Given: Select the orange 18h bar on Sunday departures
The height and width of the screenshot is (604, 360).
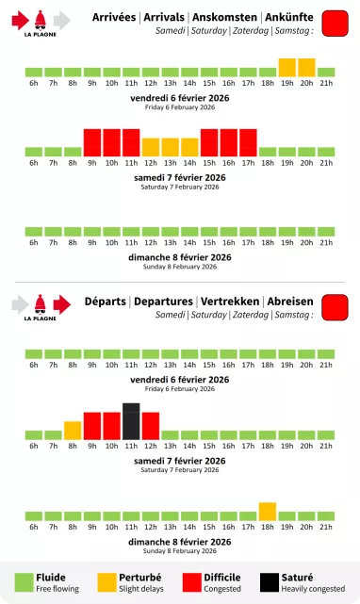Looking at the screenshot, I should (268, 512).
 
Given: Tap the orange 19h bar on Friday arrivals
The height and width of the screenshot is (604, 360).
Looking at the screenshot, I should (287, 68).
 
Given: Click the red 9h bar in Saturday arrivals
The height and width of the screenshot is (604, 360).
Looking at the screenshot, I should (92, 142).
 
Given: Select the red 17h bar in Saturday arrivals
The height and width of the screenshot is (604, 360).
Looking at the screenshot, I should (248, 142).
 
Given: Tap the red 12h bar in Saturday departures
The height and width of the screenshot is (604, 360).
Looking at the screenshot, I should (151, 426).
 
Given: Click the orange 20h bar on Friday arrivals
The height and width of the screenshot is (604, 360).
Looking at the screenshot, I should (306, 68).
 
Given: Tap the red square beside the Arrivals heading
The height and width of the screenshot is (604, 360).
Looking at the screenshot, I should (335, 24).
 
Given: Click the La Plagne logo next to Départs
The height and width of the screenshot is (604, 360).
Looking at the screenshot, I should (41, 306).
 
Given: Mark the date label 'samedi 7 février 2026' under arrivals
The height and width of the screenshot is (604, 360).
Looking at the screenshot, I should (180, 177).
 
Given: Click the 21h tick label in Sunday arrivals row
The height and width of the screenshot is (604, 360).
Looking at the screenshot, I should (326, 243).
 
